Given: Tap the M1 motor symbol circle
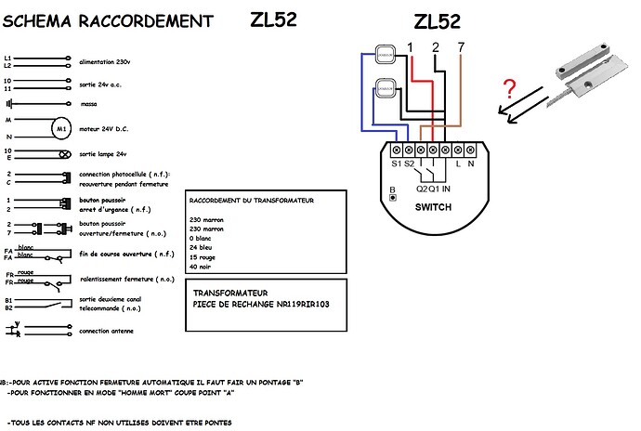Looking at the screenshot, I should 61,127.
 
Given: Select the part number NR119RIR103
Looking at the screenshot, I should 295,303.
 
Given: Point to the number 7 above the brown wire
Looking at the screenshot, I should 462,46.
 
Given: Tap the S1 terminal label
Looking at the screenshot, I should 397,163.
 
